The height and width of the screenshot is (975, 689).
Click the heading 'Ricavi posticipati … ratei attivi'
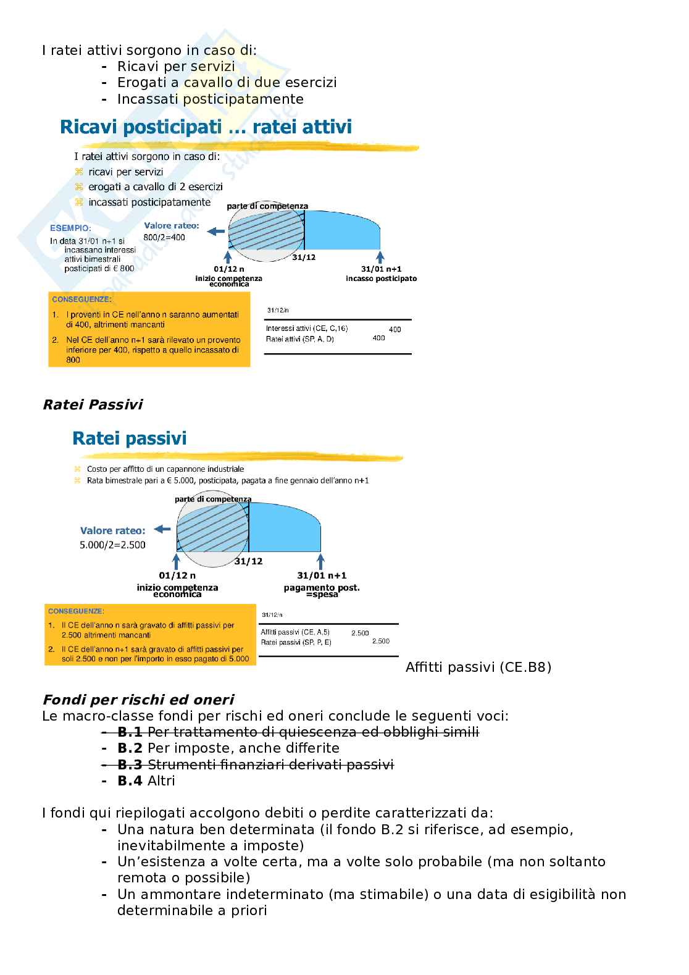point(206,127)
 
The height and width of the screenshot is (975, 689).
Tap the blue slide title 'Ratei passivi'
point(129,438)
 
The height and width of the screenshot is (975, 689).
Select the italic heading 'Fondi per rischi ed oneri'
point(138,700)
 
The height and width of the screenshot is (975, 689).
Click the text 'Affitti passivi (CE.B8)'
point(478,667)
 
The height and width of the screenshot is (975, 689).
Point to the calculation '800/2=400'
point(164,237)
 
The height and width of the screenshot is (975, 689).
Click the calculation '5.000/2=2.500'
point(112,545)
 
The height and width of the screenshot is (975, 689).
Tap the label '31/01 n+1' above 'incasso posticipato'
point(381,269)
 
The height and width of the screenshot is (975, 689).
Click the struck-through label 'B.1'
point(130,732)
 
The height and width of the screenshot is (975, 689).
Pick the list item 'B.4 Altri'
point(146,780)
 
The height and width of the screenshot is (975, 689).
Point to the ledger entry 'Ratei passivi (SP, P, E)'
point(296,642)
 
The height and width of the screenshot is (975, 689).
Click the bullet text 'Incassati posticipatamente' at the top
point(210,99)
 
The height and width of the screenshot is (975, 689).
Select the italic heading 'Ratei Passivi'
point(92,404)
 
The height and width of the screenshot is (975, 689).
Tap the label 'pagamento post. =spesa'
point(321,590)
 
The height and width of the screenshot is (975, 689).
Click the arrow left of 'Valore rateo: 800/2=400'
point(215,232)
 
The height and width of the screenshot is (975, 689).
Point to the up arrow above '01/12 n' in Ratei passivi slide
point(177,561)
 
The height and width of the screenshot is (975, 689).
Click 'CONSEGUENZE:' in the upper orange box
point(81,299)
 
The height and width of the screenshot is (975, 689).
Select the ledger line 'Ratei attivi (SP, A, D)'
point(299,339)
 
